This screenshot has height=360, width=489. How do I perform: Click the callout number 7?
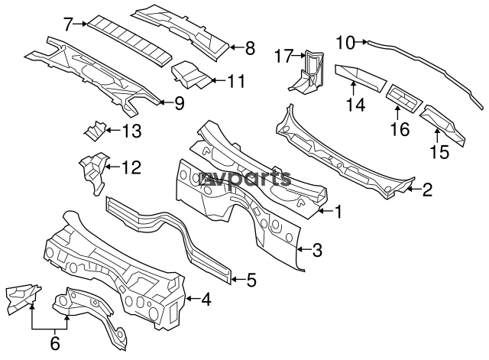(x=69, y=24)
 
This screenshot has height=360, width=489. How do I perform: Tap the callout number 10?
(x=346, y=43)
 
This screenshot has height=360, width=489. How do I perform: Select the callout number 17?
(x=283, y=56)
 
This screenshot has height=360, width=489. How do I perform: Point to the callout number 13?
(x=131, y=131)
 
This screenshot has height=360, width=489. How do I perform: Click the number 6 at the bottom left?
(x=54, y=343)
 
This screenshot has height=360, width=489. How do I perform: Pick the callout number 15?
(x=439, y=152)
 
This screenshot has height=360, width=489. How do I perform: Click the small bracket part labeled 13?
(x=95, y=131)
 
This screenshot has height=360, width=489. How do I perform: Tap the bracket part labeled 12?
(x=94, y=171)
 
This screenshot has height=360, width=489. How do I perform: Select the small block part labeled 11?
(x=190, y=74)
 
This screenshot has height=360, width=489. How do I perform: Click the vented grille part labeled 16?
(x=404, y=98)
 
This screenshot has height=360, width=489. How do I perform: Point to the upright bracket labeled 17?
(x=307, y=71)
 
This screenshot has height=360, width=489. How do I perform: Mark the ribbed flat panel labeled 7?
(x=129, y=41)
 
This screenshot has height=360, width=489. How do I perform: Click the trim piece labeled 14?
(x=361, y=78)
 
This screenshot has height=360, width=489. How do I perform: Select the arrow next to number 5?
(x=238, y=279)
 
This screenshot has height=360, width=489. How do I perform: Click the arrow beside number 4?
(x=193, y=299)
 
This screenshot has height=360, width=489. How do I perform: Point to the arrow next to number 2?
(x=414, y=189)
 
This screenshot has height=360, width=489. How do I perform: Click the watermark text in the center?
(x=245, y=178)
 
